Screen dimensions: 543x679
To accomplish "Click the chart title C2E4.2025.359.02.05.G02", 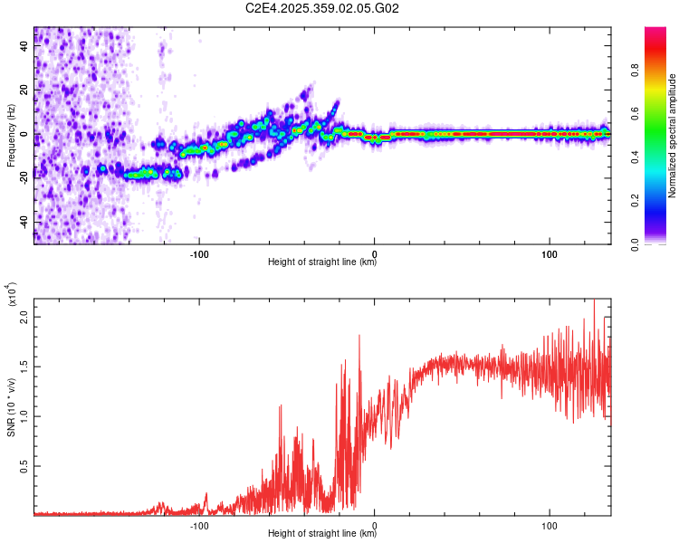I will click(x=322, y=8).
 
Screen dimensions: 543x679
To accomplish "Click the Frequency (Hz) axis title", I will click(x=11, y=135).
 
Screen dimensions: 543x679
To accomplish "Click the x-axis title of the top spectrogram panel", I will click(x=322, y=262).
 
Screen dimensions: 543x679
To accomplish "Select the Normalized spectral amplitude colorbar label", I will click(x=673, y=136).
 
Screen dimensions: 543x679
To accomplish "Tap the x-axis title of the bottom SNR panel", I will click(x=322, y=534).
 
